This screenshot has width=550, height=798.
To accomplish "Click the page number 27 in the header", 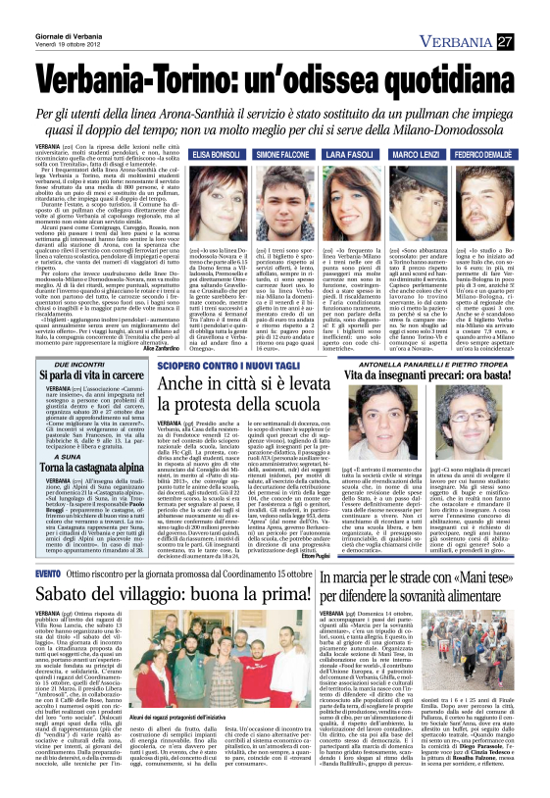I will (x=532, y=40).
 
